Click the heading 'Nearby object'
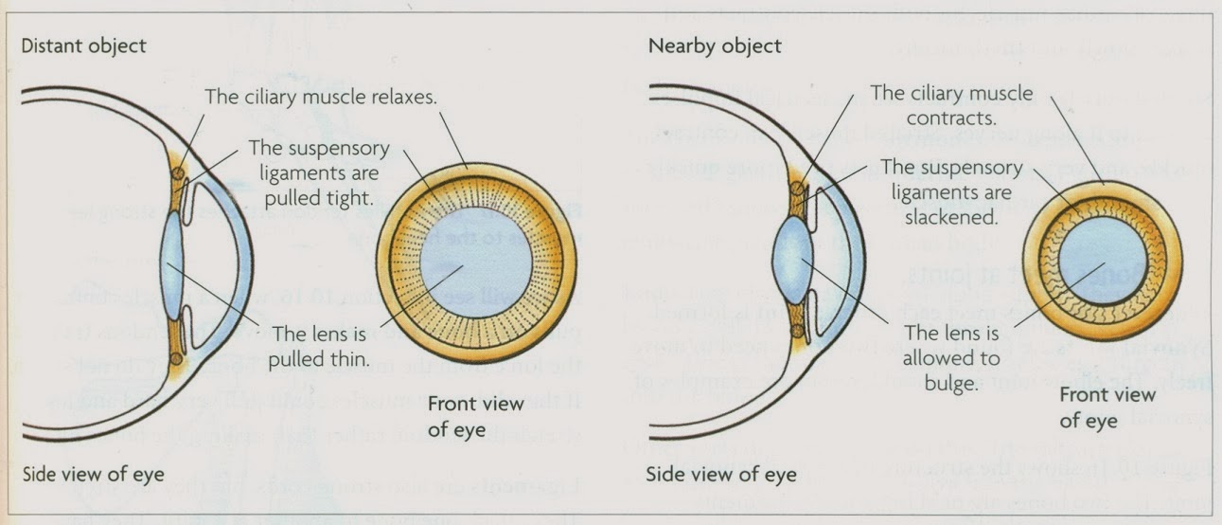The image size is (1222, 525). tap(715, 45)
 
